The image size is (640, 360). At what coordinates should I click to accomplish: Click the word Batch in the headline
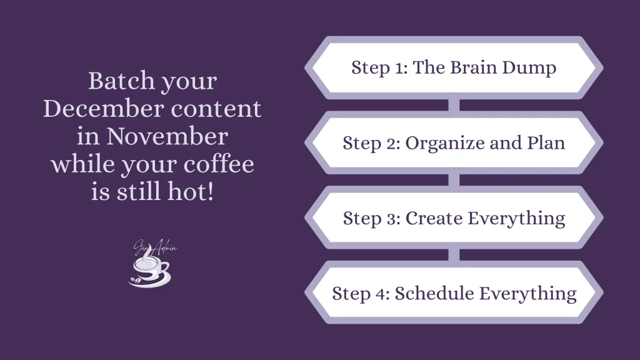[116, 81]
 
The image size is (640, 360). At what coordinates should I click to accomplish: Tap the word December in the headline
[97, 109]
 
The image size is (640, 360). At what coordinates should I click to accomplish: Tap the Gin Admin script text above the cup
[155, 248]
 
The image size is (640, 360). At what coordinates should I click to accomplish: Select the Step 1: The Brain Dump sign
[454, 67]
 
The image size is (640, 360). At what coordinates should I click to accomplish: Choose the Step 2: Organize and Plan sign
[454, 142]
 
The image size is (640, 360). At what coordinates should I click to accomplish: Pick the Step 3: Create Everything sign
[454, 217]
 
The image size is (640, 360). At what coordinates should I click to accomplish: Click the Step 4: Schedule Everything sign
[454, 292]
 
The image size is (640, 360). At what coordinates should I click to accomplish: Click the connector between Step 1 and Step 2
[454, 105]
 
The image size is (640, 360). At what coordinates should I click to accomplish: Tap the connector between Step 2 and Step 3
[454, 180]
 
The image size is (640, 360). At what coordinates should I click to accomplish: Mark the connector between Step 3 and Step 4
[454, 255]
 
